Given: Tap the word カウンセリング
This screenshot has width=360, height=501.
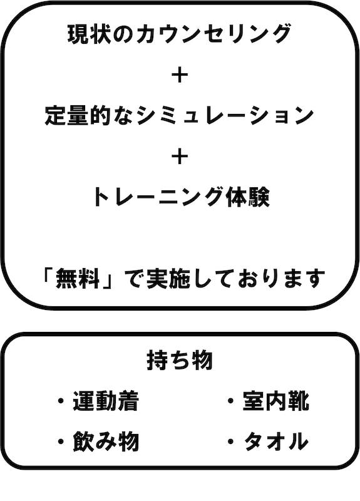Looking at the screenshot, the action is tap(213, 34).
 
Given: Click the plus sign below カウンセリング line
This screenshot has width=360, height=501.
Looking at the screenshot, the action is tap(180, 76).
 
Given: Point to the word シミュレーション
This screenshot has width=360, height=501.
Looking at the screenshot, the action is tap(225, 116).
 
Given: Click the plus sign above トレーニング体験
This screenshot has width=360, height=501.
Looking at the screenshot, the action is tap(180, 157).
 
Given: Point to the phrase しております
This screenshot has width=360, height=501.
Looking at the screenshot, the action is tap(259, 278).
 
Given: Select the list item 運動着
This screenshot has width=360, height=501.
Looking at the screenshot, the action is tap(106, 401).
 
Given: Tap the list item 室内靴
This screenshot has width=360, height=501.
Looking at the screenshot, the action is tap(276, 401).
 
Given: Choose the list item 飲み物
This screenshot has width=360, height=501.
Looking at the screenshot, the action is tap(106, 442).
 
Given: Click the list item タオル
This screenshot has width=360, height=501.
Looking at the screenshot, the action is tap(276, 442).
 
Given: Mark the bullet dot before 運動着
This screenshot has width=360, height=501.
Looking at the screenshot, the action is tap(60, 401).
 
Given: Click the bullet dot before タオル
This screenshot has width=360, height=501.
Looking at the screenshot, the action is tap(230, 442).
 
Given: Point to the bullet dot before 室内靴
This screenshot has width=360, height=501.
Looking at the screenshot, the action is tap(230, 401).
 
